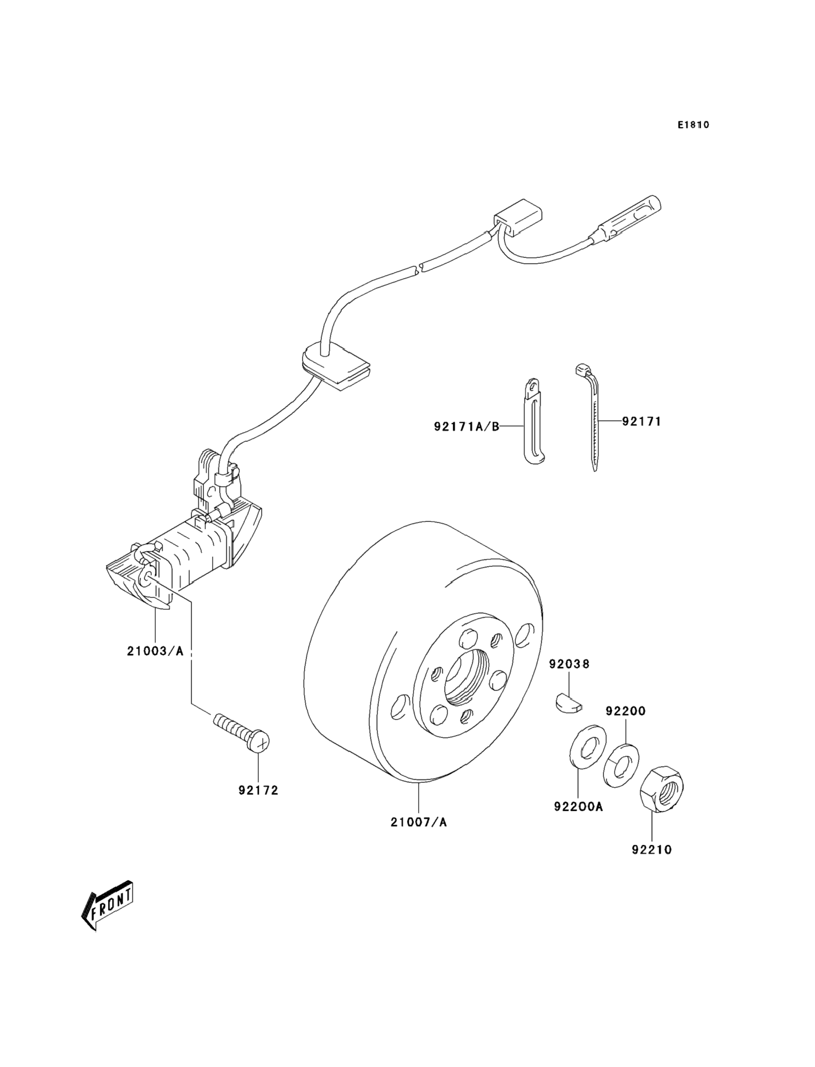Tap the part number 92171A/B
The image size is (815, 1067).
coord(466,427)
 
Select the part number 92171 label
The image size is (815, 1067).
coord(642,421)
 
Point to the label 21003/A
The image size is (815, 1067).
coord(155,651)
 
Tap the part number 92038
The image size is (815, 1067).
coord(570,664)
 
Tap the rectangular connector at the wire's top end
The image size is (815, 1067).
coord(518,218)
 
